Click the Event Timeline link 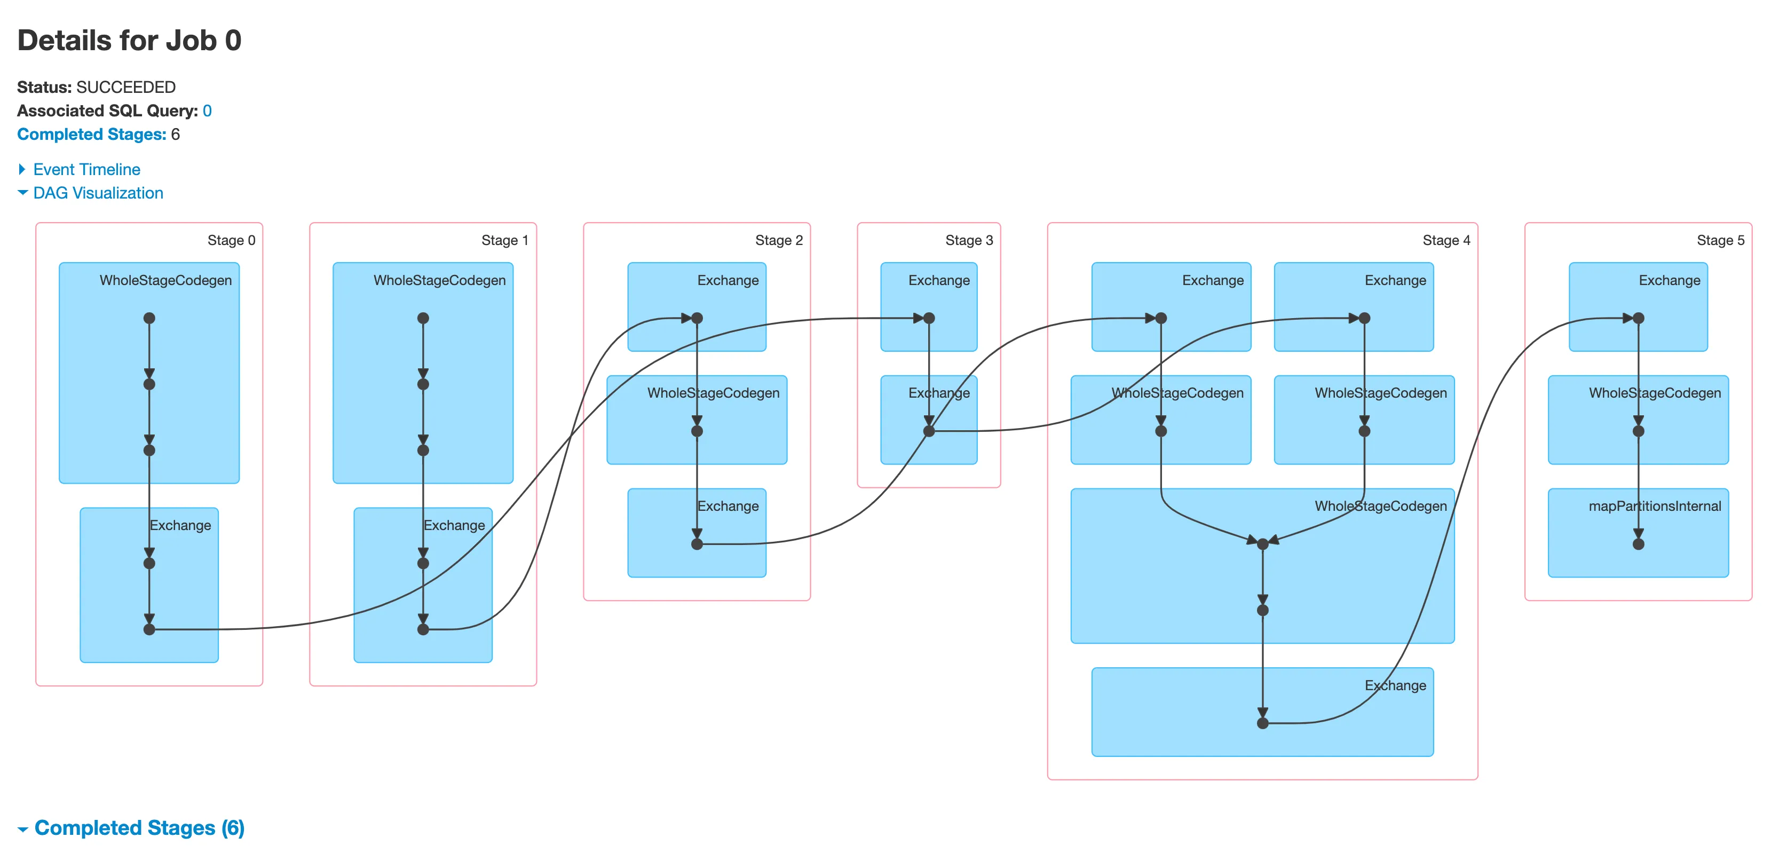click(x=86, y=169)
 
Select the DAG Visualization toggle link click(x=98, y=193)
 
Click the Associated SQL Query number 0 click(x=207, y=110)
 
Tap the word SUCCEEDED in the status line click(x=126, y=88)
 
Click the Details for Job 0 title click(x=129, y=41)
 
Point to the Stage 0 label click(x=231, y=240)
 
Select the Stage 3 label click(x=968, y=240)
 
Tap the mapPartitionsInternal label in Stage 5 click(x=1654, y=506)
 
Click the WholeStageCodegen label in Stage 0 click(x=165, y=280)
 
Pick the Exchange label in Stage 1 click(x=454, y=525)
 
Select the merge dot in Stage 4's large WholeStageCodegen click(x=1262, y=544)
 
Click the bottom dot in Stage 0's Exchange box click(x=149, y=629)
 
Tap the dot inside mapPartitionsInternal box click(x=1638, y=544)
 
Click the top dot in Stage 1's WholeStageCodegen click(x=423, y=318)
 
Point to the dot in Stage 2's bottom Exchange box click(x=697, y=544)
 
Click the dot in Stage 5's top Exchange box click(x=1638, y=318)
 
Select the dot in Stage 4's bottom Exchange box click(x=1262, y=723)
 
